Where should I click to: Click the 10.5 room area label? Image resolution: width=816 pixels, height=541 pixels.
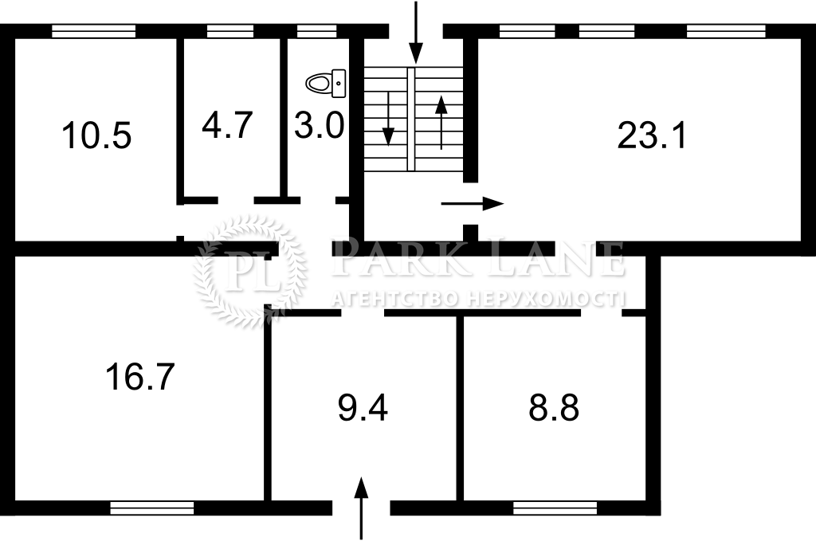coord(96,135)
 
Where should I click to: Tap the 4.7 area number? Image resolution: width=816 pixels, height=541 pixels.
coord(227,125)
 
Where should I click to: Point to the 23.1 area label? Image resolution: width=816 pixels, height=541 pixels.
coord(652,135)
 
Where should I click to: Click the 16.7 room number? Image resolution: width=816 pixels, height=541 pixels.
coord(140,377)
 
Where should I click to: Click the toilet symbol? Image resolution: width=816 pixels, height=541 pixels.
coord(326,83)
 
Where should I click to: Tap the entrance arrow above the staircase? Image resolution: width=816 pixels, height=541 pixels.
coord(415,32)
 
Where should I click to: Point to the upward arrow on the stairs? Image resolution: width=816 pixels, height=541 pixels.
coord(441,123)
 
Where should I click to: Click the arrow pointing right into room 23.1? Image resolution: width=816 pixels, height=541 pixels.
coord(473,203)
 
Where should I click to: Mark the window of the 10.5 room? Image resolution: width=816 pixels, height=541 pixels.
coord(94,32)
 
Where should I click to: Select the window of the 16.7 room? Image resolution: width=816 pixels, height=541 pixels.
coord(152,508)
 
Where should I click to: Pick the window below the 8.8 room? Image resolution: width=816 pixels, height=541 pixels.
coord(555,508)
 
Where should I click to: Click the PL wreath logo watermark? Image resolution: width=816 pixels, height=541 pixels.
coord(249,272)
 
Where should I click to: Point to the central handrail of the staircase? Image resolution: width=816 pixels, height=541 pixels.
coord(411,120)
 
